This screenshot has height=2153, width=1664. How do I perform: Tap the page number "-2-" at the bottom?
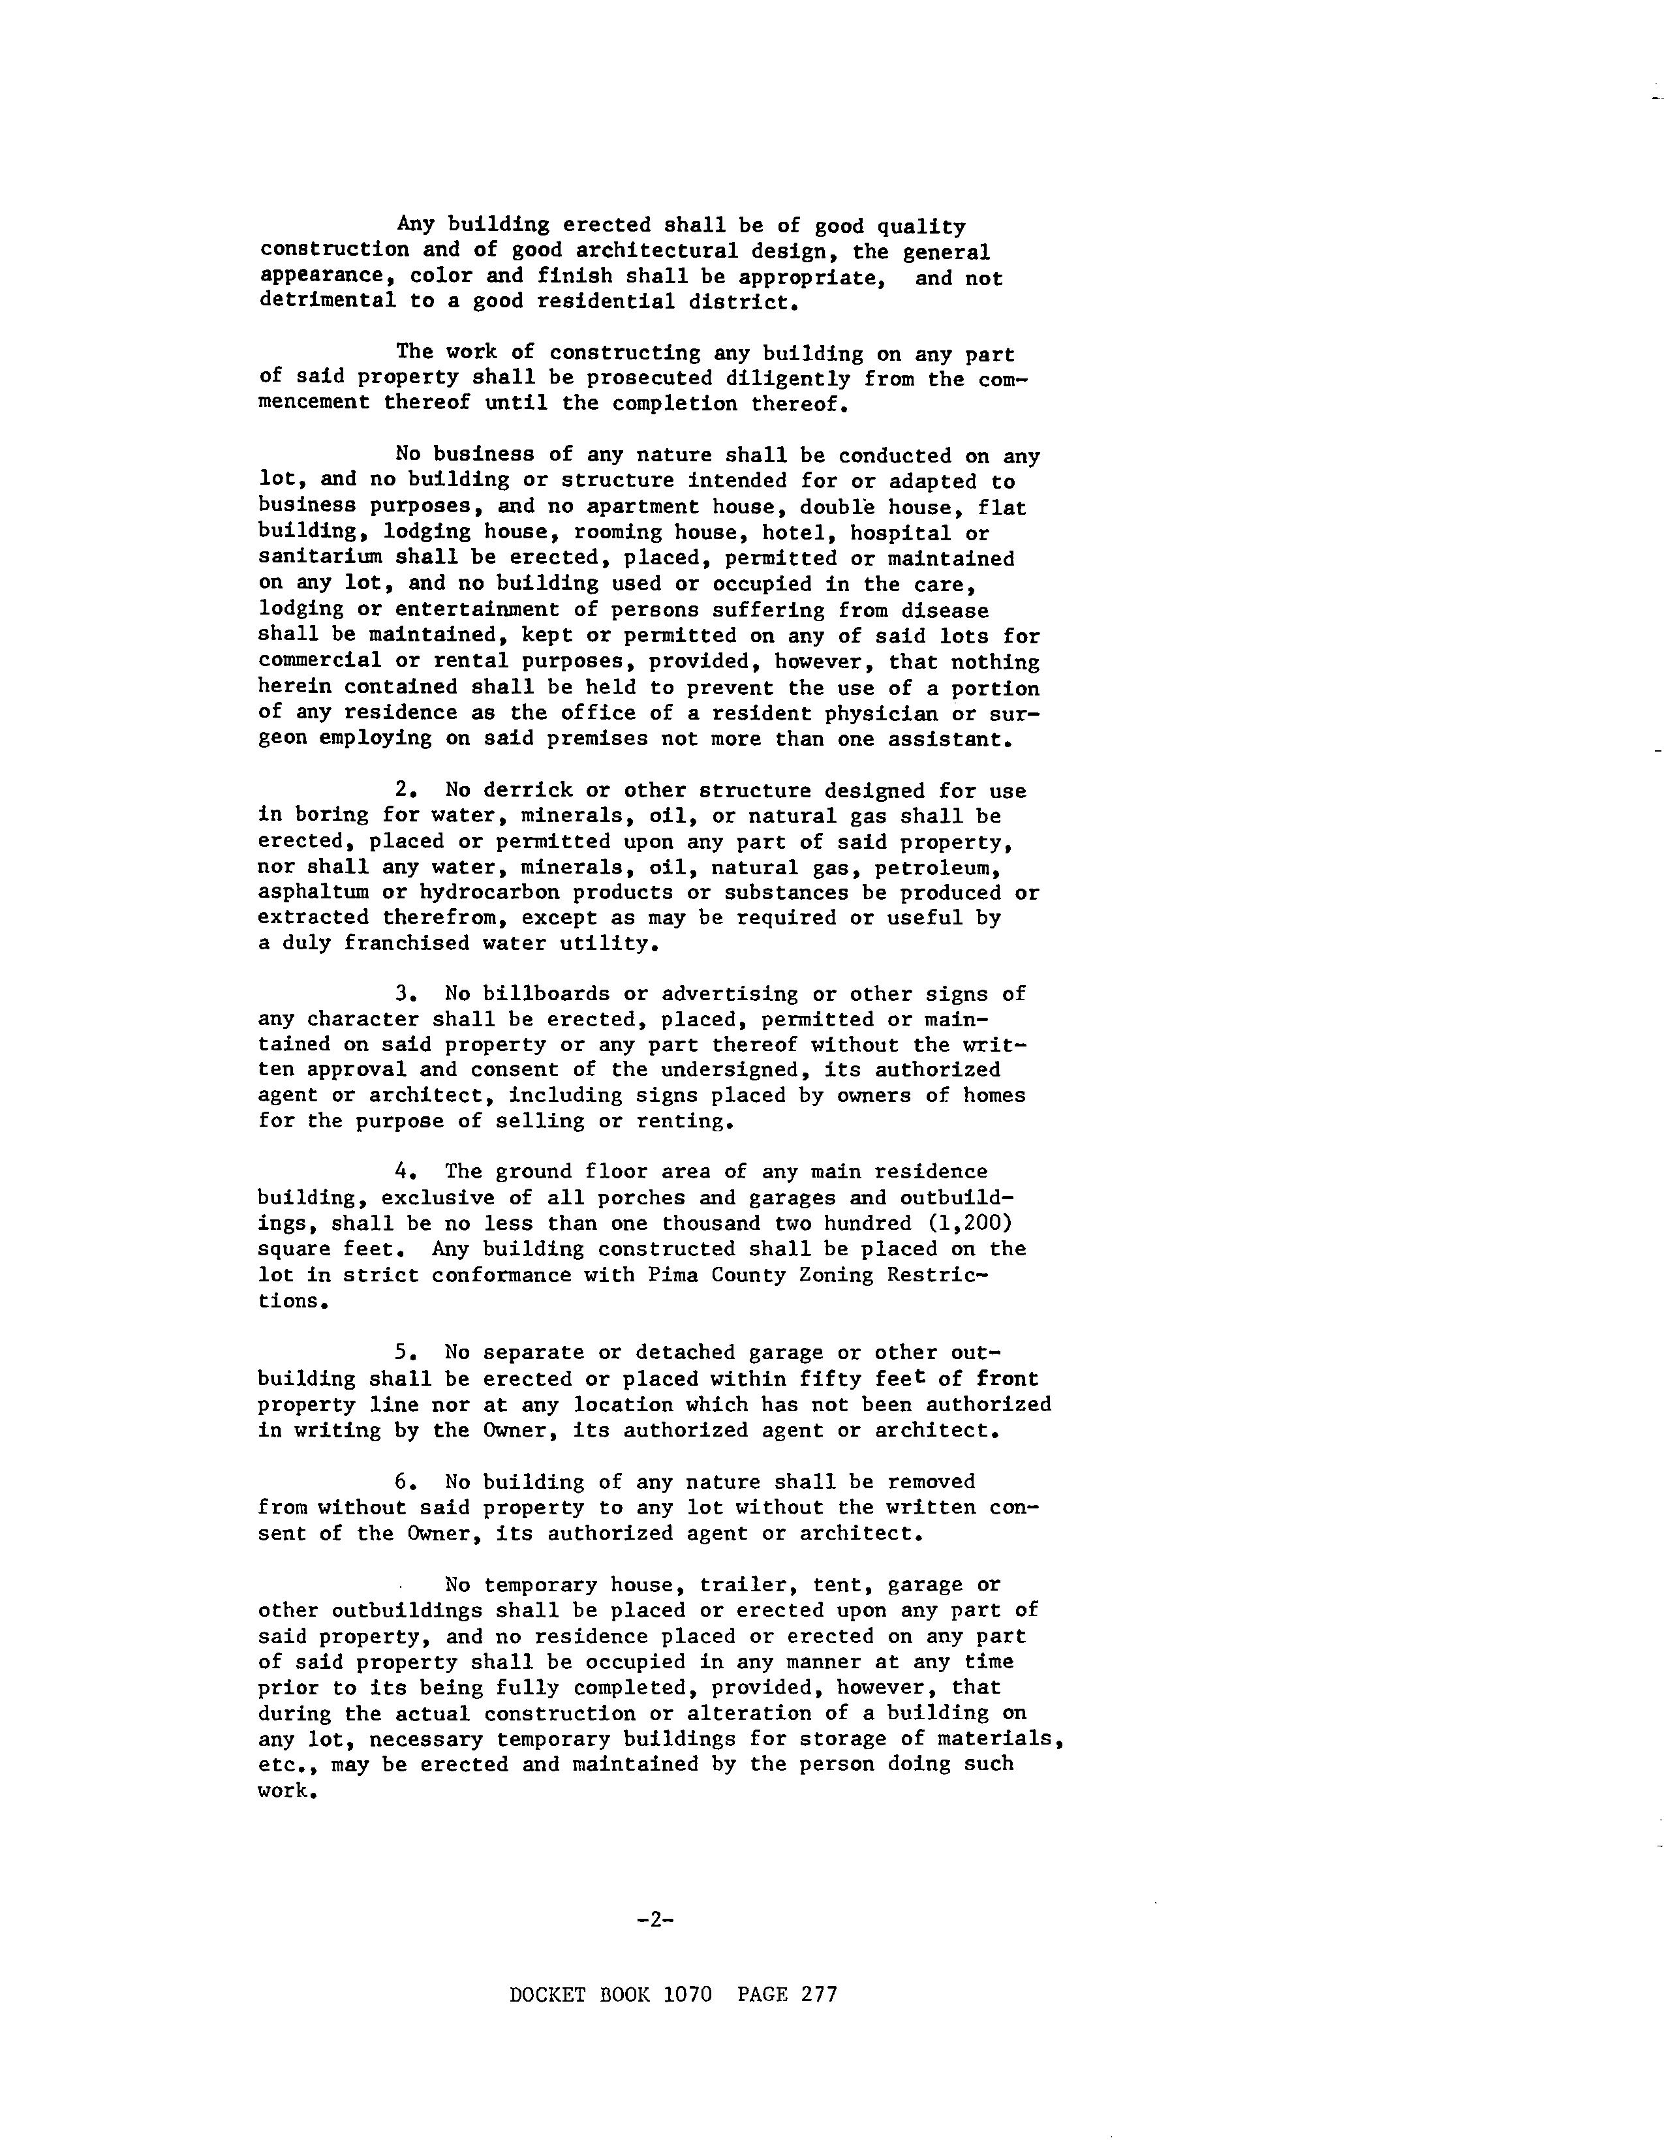click(x=655, y=1919)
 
